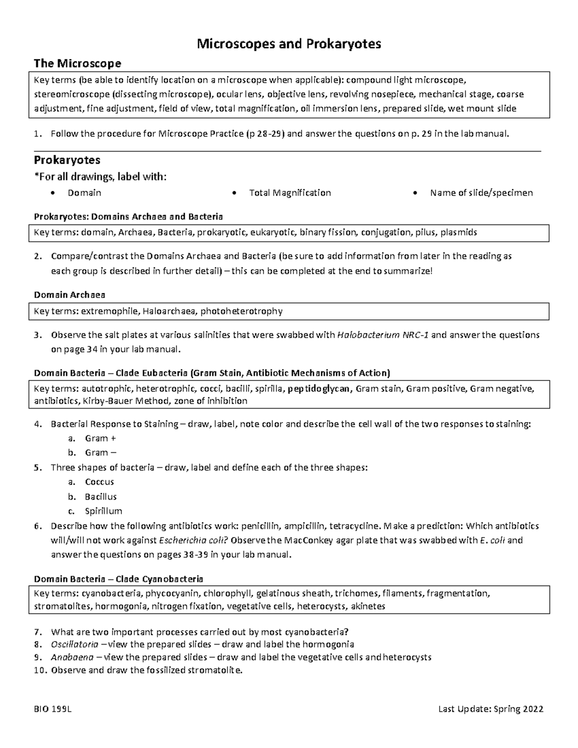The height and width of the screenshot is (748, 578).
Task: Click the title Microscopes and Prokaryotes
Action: click(289, 44)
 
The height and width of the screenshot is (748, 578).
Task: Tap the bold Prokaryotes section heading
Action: click(66, 159)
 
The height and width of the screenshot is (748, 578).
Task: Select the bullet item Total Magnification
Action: click(289, 193)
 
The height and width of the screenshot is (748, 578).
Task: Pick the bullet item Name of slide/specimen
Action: click(481, 193)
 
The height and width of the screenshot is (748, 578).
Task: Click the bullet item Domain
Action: click(84, 193)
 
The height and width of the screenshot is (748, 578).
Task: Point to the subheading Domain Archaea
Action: click(70, 294)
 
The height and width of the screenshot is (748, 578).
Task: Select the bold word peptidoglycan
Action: click(320, 389)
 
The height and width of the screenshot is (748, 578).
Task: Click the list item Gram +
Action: click(100, 438)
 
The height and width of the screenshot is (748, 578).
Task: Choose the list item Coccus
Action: click(99, 482)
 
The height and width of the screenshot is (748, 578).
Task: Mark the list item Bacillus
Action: click(101, 497)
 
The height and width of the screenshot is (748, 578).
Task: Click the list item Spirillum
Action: click(104, 511)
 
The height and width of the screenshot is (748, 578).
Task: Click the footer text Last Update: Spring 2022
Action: click(491, 709)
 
